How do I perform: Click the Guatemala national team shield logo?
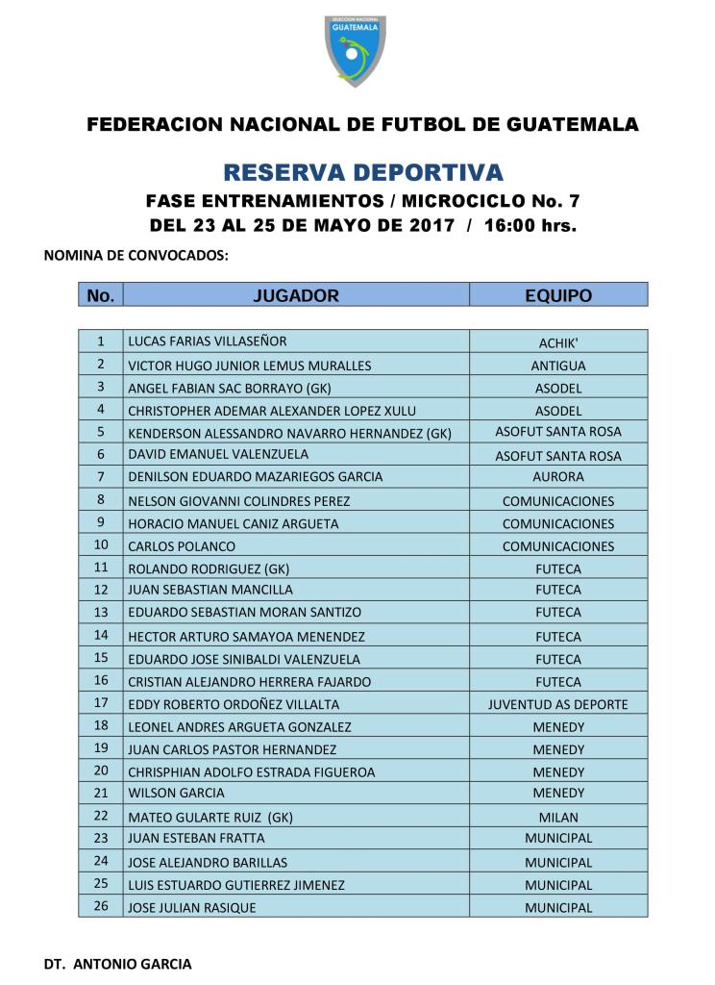pyautogui.click(x=356, y=49)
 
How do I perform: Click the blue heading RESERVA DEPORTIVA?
pyautogui.click(x=362, y=173)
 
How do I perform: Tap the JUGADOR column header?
pyautogui.click(x=296, y=295)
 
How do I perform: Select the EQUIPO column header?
pyautogui.click(x=558, y=295)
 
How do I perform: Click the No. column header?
pyautogui.click(x=101, y=295)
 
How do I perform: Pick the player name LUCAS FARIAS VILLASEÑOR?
pyautogui.click(x=208, y=341)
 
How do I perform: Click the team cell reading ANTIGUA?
pyautogui.click(x=558, y=366)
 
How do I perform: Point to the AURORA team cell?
pyautogui.click(x=558, y=477)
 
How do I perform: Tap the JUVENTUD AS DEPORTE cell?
pyautogui.click(x=558, y=705)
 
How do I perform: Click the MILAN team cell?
pyautogui.click(x=558, y=817)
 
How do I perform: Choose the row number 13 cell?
pyautogui.click(x=101, y=612)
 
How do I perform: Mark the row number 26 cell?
pyautogui.click(x=101, y=907)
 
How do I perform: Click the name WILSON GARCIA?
pyautogui.click(x=176, y=794)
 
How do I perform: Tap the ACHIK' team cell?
pyautogui.click(x=558, y=342)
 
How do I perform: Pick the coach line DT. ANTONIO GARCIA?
pyautogui.click(x=118, y=963)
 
